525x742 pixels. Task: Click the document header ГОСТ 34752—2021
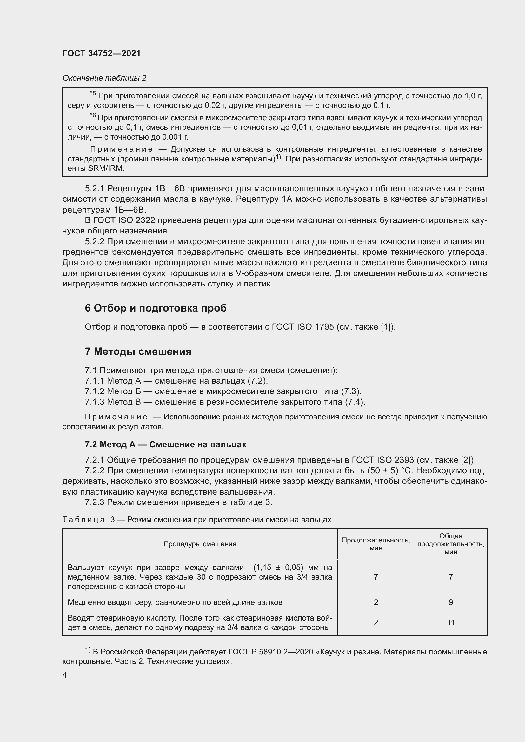(102, 53)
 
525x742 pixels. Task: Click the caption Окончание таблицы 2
(104, 78)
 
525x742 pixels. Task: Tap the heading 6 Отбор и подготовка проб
(156, 308)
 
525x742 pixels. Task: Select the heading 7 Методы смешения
(138, 351)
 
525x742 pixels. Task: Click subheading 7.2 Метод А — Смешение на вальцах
(165, 444)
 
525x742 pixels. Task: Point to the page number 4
(65, 675)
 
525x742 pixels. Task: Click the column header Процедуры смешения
(199, 544)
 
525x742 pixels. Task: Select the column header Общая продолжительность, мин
(451, 544)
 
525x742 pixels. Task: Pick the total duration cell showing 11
(451, 622)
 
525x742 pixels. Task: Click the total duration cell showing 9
(451, 602)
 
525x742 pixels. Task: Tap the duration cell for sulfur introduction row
(375, 602)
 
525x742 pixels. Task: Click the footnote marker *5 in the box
(93, 94)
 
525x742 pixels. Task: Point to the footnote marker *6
(93, 116)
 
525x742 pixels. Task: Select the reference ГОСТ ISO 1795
(302, 327)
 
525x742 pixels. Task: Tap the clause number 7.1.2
(95, 391)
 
